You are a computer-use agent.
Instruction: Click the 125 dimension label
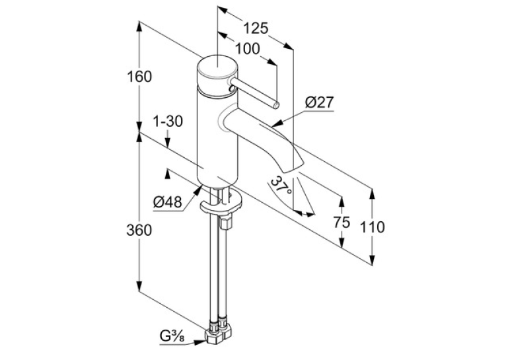pyautogui.click(x=256, y=28)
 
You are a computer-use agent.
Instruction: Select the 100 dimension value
pyautogui.click(x=247, y=49)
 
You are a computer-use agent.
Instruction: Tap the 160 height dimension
pyautogui.click(x=139, y=77)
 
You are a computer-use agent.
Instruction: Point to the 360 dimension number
pyautogui.click(x=139, y=230)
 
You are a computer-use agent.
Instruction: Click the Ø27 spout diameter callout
pyautogui.click(x=319, y=102)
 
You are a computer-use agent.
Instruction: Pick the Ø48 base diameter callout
pyautogui.click(x=168, y=202)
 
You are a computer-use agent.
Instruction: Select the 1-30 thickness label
pyautogui.click(x=168, y=122)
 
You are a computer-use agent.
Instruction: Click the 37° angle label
pyautogui.click(x=281, y=186)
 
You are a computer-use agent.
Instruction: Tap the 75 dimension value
pyautogui.click(x=342, y=222)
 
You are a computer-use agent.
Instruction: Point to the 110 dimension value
pyautogui.click(x=372, y=227)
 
